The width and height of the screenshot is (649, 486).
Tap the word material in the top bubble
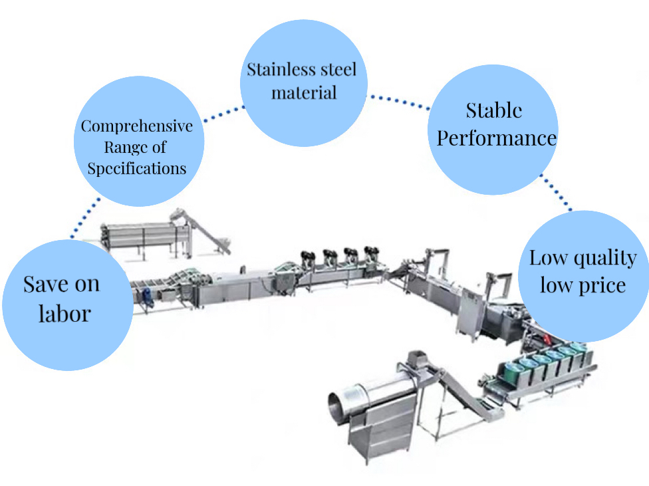[x=304, y=92]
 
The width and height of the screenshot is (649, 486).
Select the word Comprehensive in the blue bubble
[x=137, y=126]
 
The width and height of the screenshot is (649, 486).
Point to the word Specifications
[x=137, y=168]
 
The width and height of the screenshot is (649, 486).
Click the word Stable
[x=493, y=110]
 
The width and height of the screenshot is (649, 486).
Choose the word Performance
[x=496, y=138]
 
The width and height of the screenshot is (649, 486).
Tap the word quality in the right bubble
[x=599, y=258]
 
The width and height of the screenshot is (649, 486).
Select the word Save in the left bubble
[x=43, y=285]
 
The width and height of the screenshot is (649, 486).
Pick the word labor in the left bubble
[x=65, y=312]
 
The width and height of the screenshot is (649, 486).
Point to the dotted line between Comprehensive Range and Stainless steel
[x=222, y=113]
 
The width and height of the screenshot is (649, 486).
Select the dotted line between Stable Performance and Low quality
[x=555, y=193]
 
